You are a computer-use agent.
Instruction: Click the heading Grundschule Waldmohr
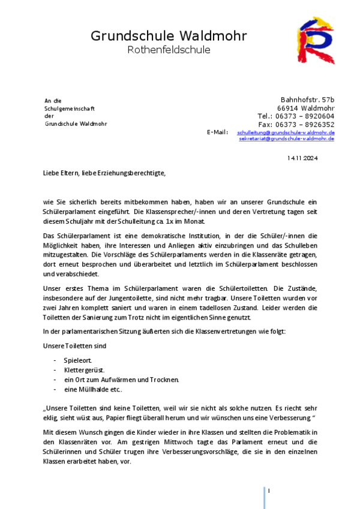coord(169,36)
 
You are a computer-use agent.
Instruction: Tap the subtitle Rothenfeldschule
coord(169,50)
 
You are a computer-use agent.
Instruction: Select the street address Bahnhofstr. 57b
coord(307,100)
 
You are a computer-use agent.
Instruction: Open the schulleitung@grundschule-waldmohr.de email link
coord(286,132)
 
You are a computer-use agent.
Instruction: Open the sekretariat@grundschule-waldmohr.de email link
coord(287,138)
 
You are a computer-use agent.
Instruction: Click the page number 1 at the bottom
coord(269,491)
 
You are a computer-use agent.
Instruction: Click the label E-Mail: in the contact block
coord(217,132)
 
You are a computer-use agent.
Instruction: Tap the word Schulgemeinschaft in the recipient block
coord(70,108)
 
